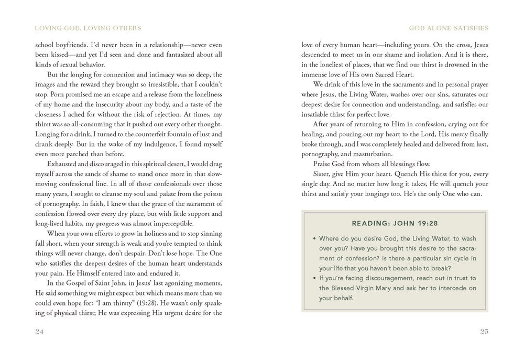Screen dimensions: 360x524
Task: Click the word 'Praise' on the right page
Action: coord(323,163)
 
